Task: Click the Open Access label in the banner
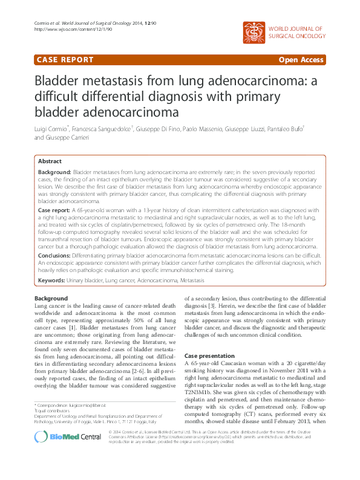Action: click(302, 60)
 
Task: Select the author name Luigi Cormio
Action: click(50, 129)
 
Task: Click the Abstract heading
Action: click(50, 161)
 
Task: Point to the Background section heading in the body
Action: click(51, 299)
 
